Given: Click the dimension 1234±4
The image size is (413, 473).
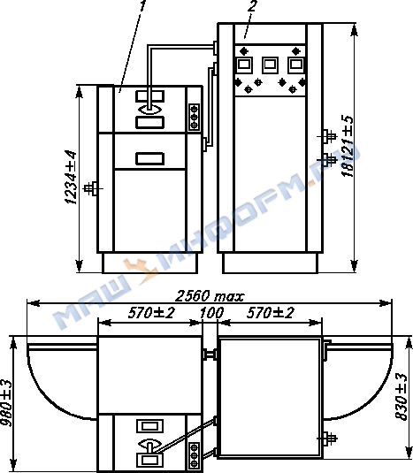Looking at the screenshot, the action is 71,177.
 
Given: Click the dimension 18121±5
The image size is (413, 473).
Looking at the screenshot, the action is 347,146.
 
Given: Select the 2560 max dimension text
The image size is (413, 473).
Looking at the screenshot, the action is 210,296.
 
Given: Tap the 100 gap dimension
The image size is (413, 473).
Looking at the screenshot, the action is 211,313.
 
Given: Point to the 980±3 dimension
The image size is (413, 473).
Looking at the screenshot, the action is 6,403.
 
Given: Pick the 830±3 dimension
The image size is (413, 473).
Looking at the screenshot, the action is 402,397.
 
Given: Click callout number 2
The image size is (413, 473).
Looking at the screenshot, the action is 252,5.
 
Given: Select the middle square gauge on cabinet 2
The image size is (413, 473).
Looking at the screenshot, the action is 270,65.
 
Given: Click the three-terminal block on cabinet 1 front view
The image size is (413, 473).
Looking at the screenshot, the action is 195,117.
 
